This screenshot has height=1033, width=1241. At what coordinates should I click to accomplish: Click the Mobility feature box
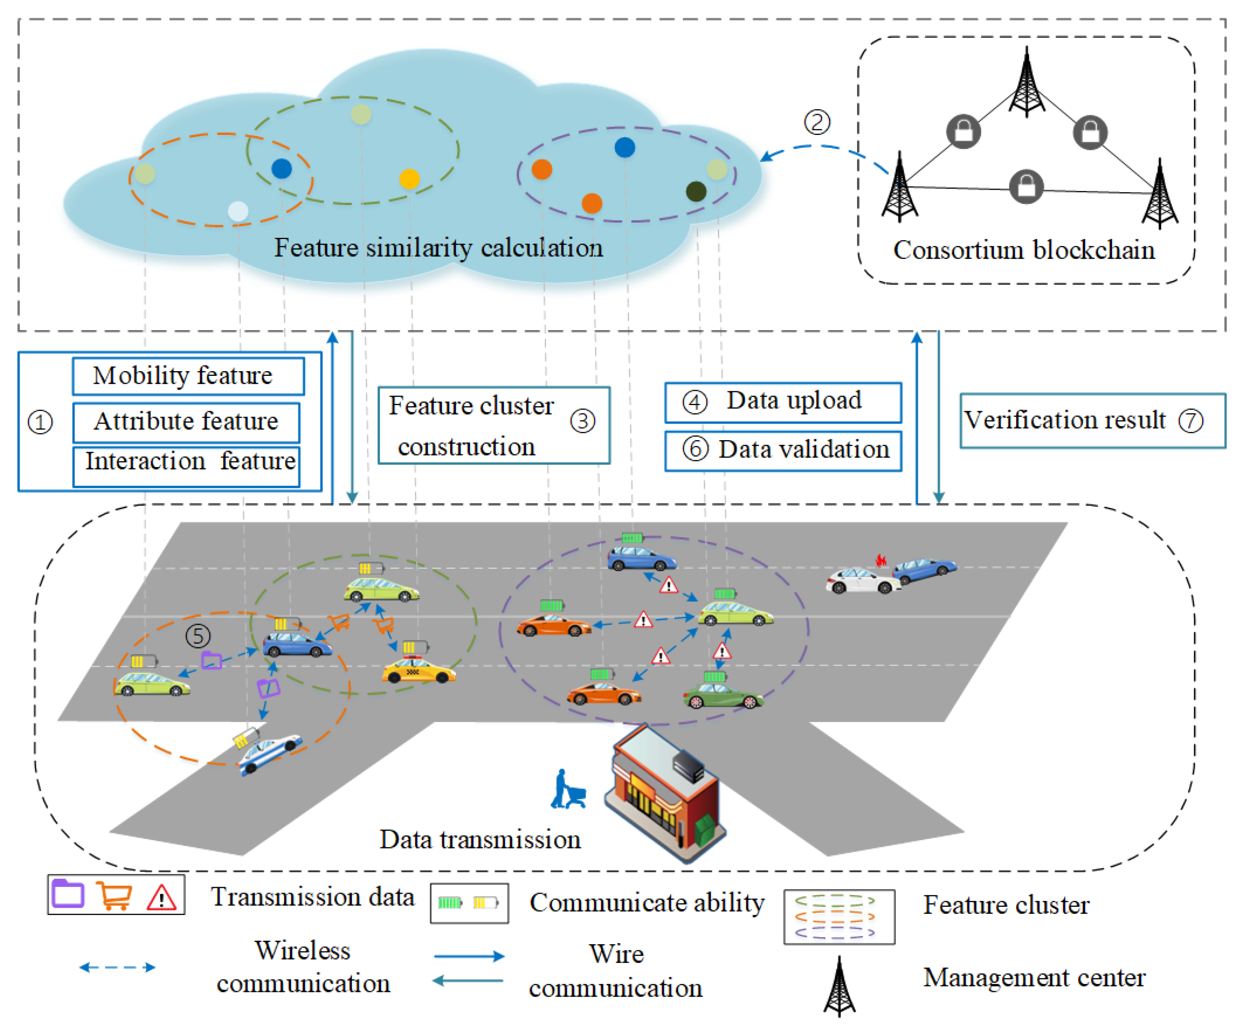[188, 376]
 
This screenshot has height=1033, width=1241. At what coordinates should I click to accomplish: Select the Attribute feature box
[186, 422]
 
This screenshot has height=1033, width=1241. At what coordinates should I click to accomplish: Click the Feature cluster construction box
[493, 426]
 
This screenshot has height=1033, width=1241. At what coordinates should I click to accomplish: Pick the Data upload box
[783, 402]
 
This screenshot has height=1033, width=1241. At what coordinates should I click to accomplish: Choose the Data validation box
[783, 451]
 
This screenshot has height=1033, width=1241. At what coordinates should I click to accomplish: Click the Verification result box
[1092, 421]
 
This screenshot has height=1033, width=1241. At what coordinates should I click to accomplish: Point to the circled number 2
[817, 122]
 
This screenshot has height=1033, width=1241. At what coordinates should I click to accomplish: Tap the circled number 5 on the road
[198, 636]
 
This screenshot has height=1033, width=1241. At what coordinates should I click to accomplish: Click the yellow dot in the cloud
[409, 178]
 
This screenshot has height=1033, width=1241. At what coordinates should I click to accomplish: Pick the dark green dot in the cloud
[696, 191]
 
